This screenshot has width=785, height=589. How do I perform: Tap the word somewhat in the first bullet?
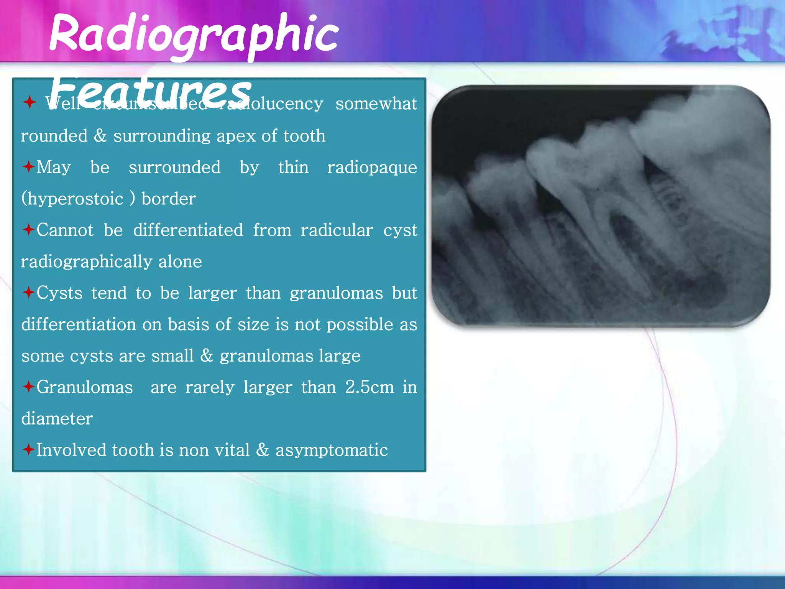pos(376,104)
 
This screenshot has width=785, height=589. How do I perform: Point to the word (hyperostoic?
pos(72,199)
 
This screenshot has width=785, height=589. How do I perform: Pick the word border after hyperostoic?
pos(169,199)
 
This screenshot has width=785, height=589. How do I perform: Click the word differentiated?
pos(188,230)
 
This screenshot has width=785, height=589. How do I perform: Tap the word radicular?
pos(337,230)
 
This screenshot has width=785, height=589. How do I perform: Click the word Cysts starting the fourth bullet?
pos(59,293)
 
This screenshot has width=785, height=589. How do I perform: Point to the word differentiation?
pos(79,325)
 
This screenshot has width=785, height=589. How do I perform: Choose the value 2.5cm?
pos(370,387)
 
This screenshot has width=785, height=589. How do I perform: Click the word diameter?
pos(57,419)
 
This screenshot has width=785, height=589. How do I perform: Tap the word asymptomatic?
pos(332,450)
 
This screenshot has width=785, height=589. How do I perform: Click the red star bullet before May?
pos(28,167)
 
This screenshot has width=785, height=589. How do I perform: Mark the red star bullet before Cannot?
pos(28,230)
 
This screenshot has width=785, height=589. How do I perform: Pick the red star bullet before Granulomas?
pos(28,387)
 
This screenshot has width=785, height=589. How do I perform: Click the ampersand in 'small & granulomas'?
pos(207,356)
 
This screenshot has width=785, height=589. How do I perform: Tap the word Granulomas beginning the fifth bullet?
pos(85,387)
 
